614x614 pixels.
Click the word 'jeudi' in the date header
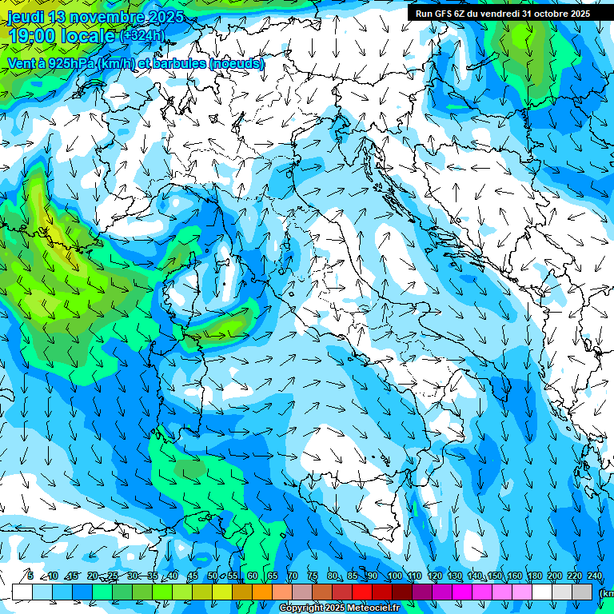pos(25,17)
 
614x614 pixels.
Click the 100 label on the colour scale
pos(395,576)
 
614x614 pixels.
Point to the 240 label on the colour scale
pos(595,576)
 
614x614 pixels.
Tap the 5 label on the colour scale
pos(30,576)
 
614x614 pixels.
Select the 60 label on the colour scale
pos(253,576)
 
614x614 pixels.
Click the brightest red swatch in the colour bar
pos(362,592)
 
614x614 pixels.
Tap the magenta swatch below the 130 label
pos(462,592)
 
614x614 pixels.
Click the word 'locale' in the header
pos(91,36)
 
